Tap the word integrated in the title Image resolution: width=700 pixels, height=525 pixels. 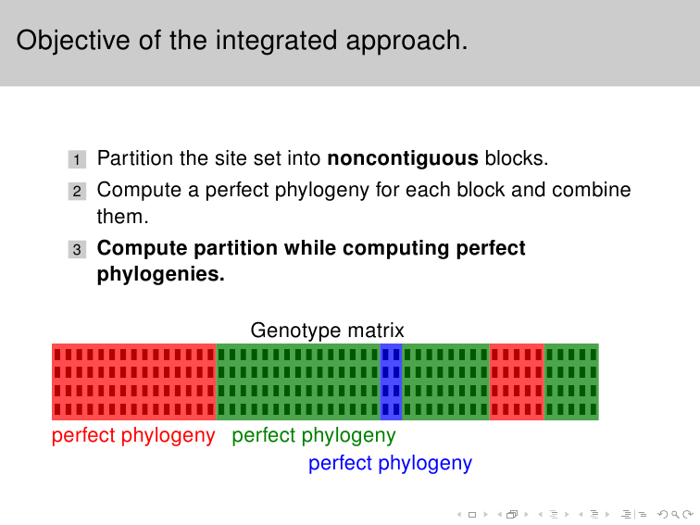coord(276,41)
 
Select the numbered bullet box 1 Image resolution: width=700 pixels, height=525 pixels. coord(77,159)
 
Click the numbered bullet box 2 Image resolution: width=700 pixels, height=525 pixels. coord(77,191)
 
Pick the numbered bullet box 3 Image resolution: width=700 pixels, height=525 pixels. coord(77,249)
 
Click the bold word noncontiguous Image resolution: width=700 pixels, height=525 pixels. coord(403,158)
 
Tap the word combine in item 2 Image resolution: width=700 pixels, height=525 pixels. coord(591,190)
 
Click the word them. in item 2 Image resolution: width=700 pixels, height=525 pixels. coord(122,217)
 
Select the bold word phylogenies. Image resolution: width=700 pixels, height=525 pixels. coord(161,274)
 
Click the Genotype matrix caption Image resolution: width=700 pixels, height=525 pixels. coord(327,331)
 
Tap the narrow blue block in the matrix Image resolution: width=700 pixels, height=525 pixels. coord(391,381)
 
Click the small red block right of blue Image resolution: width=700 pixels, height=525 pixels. coord(517,381)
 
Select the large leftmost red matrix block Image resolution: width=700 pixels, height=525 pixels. coord(134,381)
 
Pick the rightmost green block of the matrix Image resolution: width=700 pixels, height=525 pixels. coord(571,381)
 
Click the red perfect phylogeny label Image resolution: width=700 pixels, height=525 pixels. coord(133,436)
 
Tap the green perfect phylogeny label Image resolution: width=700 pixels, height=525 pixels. coord(313,436)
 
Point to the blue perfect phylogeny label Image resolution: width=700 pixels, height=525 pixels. coord(390,463)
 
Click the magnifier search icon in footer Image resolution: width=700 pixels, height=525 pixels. coord(675,515)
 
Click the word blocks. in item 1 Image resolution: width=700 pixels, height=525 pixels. coord(517,158)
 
